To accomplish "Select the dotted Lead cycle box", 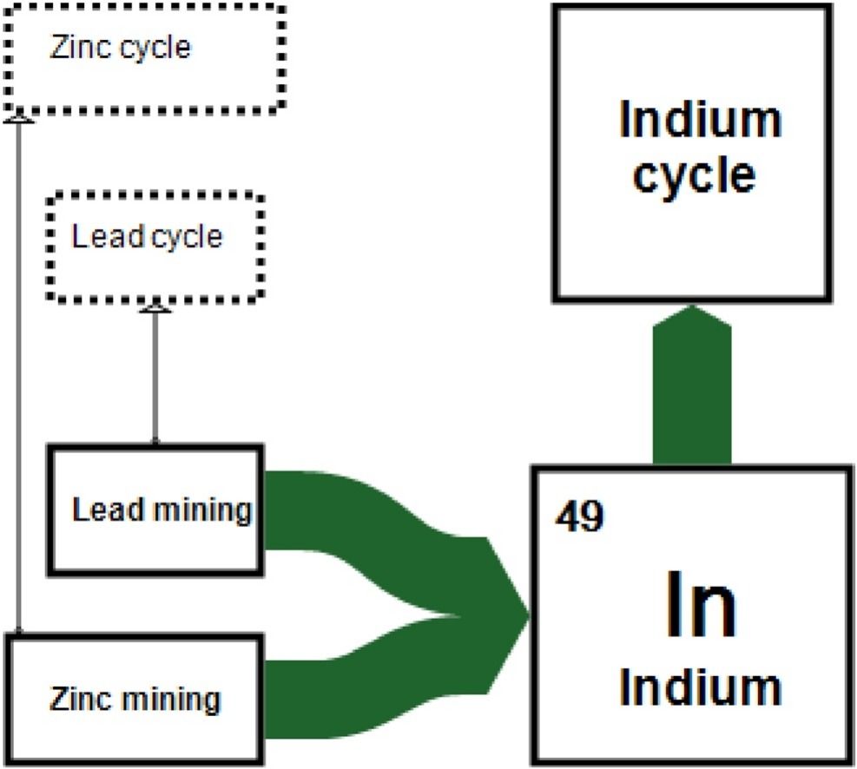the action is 155,247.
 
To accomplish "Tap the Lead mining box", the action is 155,509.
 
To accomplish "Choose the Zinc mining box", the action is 134,700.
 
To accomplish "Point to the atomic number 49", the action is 577,518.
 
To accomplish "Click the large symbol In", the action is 700,605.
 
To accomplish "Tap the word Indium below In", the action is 700,687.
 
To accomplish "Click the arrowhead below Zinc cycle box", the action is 18,118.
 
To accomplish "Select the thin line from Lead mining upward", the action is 155,378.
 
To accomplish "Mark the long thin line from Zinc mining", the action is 18,373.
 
